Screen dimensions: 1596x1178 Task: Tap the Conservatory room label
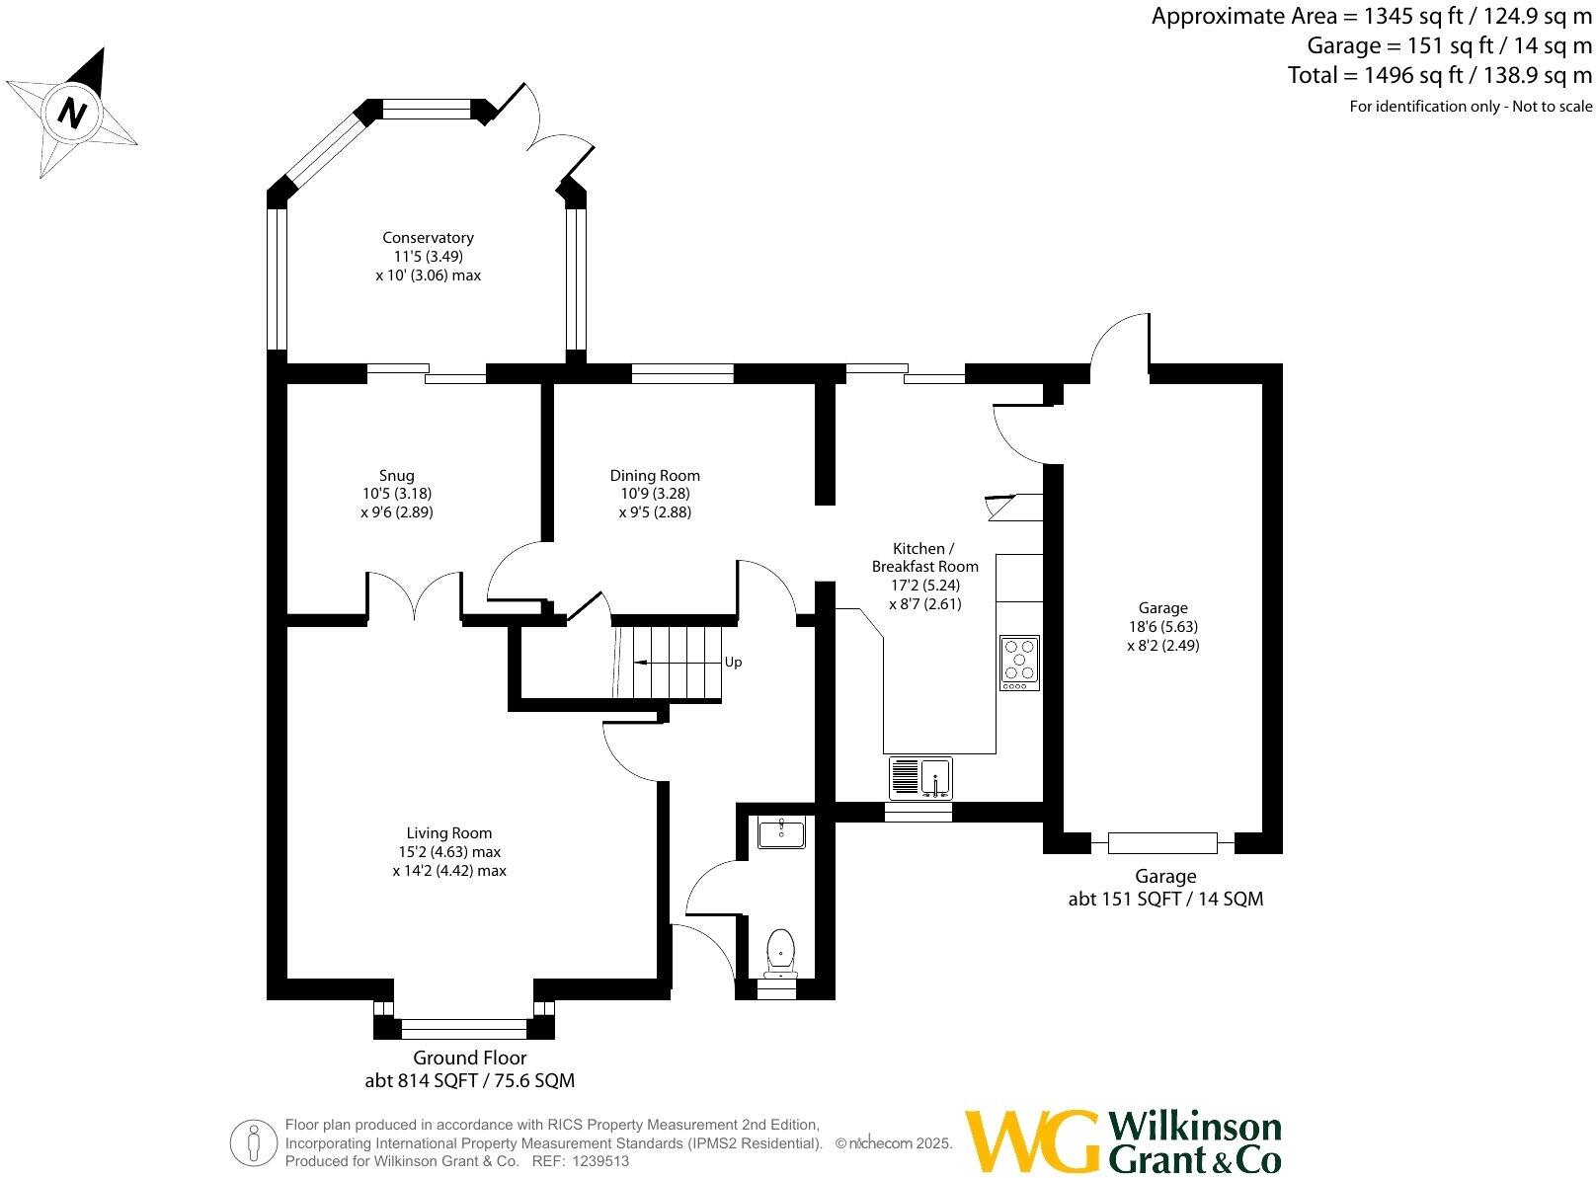click(428, 238)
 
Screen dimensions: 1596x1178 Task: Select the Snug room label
click(396, 475)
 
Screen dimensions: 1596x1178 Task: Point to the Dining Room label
click(655, 475)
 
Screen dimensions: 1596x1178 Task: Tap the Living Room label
click(448, 832)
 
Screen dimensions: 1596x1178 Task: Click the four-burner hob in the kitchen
click(1019, 662)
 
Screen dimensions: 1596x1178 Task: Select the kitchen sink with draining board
click(919, 777)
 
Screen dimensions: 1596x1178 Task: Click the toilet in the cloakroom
click(780, 951)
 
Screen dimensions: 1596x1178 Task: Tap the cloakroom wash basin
click(780, 832)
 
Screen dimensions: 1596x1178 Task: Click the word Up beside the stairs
click(733, 662)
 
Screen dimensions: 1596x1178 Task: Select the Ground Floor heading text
click(469, 1058)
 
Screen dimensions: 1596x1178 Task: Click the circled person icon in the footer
click(255, 1142)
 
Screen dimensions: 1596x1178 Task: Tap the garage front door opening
click(1162, 842)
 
